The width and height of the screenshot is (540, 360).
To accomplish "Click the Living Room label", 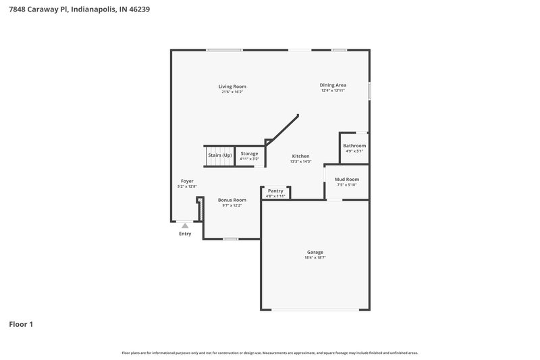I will click(x=232, y=86).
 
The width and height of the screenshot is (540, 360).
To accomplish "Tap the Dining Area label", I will click(x=333, y=85).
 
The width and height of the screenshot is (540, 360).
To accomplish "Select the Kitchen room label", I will click(x=300, y=156).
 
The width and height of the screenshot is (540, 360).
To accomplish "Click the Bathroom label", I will click(x=354, y=146).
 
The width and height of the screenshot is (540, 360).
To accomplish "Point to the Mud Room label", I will click(x=347, y=180).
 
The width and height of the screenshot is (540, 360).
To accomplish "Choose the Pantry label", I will click(x=275, y=191).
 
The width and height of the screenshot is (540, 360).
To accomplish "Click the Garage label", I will click(x=315, y=253).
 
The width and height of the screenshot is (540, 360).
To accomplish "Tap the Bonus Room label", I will click(x=232, y=200).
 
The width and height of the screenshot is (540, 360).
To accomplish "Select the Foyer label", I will click(x=187, y=181).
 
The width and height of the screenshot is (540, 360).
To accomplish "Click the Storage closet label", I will click(x=249, y=154).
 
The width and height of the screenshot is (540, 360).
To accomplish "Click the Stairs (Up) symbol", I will click(x=219, y=156).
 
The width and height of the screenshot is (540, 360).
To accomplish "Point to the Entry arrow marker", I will click(x=185, y=226).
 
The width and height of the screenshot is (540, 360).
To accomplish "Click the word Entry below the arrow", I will click(x=185, y=234).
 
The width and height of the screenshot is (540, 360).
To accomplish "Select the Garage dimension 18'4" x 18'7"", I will click(x=315, y=257).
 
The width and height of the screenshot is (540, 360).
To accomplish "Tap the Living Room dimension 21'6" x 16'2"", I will click(x=232, y=92).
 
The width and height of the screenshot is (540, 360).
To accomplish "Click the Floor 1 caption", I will click(x=21, y=324).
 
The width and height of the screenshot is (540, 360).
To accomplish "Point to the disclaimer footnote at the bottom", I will click(x=269, y=353).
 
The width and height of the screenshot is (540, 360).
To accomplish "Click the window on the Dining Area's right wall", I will click(x=369, y=91).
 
